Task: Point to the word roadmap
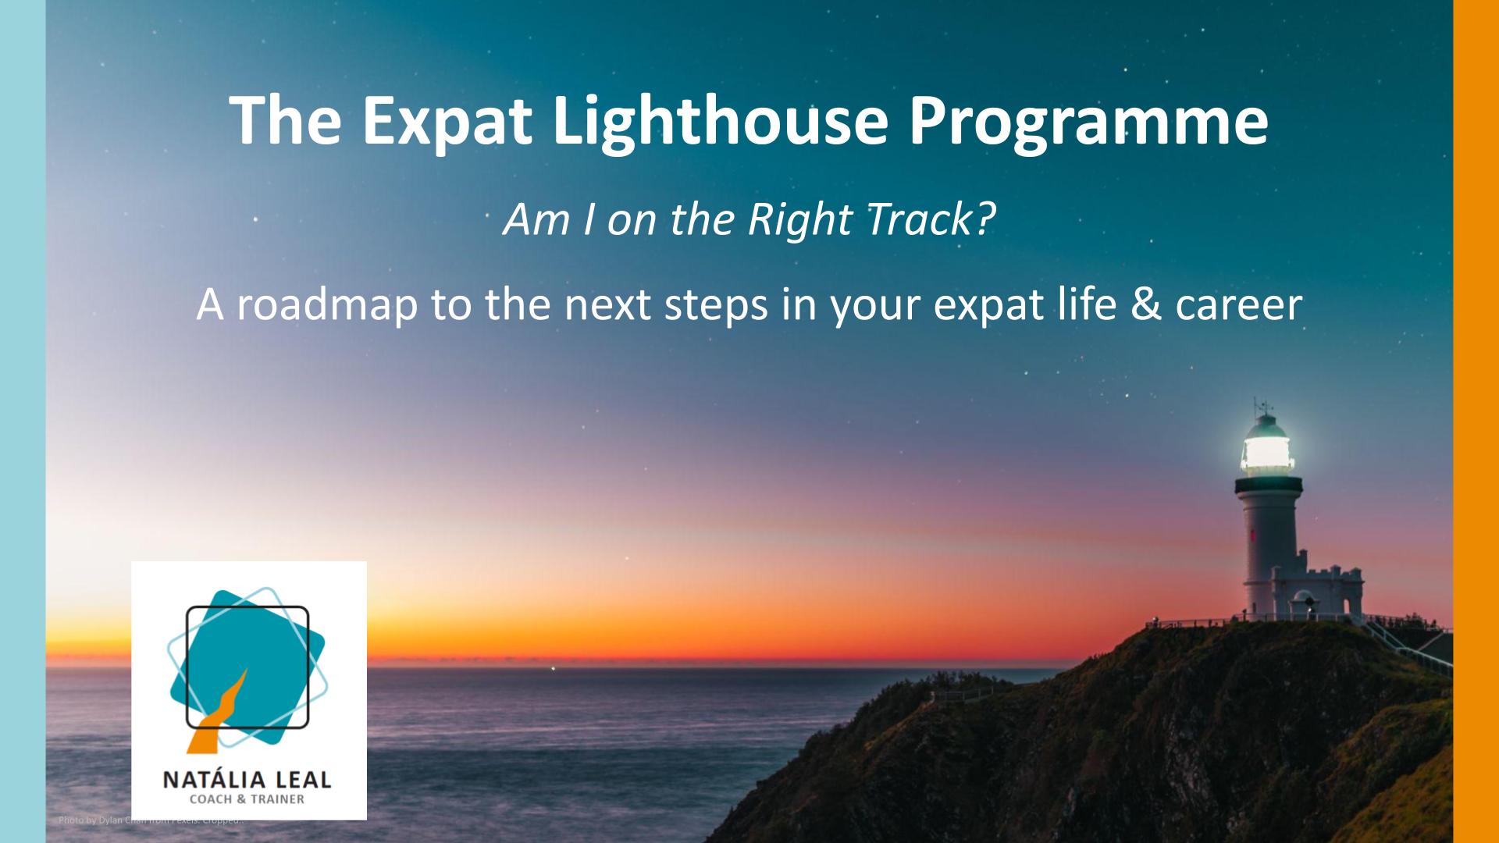pyautogui.click(x=327, y=304)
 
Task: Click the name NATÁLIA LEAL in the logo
pyautogui.click(x=247, y=779)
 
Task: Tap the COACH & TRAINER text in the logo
pyautogui.click(x=247, y=799)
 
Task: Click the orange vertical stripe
pyautogui.click(x=1476, y=421)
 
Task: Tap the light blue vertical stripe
pyautogui.click(x=23, y=421)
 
